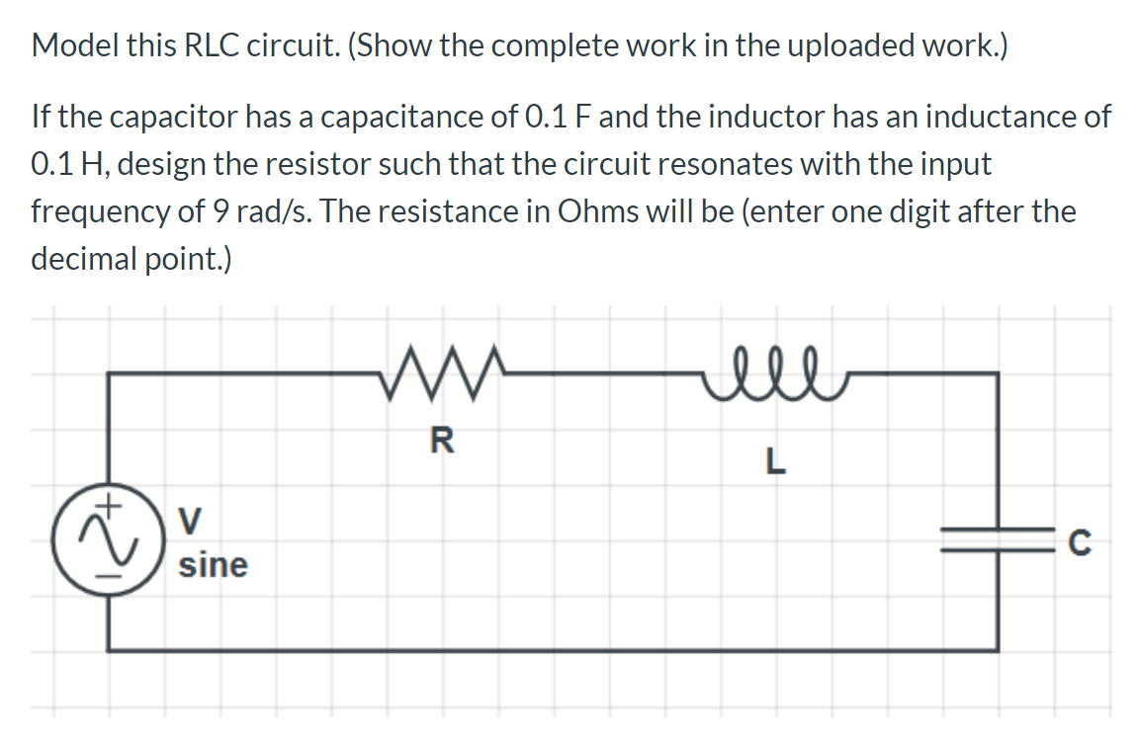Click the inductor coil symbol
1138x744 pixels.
(x=773, y=369)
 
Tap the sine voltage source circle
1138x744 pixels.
(x=108, y=543)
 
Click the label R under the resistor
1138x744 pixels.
(x=442, y=441)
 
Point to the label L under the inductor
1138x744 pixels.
(x=776, y=461)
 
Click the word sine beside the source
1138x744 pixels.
(x=213, y=565)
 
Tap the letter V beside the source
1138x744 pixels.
(x=190, y=517)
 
